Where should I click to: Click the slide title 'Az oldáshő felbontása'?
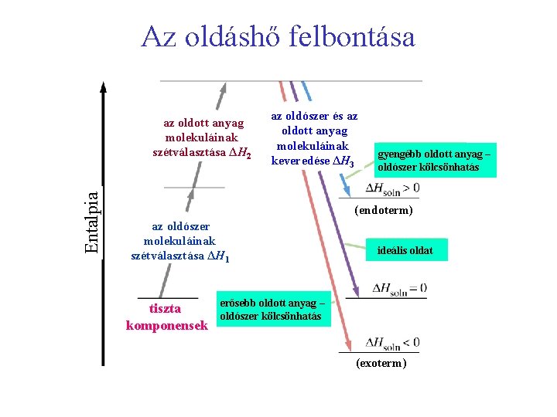pos(278,36)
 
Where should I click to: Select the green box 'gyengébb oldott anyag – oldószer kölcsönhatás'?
pos(429,161)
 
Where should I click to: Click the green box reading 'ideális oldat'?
pos(405,250)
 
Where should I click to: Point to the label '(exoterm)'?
pos(381,363)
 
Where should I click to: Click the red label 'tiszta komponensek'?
pos(166,317)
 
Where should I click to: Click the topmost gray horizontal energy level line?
pos(290,81)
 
